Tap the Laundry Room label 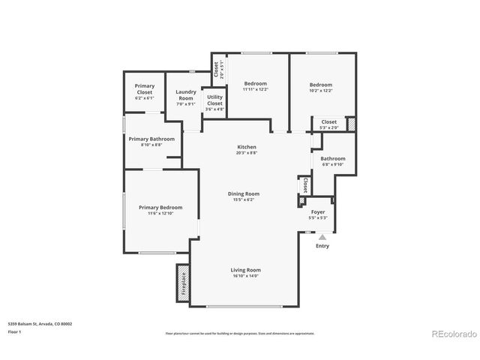(185, 95)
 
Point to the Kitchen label (247, 147)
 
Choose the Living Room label (245, 270)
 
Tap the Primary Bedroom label (160, 208)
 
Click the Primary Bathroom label (151, 139)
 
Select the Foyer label (318, 212)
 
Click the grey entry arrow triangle (322, 236)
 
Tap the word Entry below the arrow (322, 246)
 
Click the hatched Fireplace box (183, 283)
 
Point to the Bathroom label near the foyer (333, 159)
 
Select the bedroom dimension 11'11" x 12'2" (255, 90)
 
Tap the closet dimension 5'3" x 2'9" (329, 127)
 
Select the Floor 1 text (15, 331)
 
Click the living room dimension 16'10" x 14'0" (245, 276)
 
